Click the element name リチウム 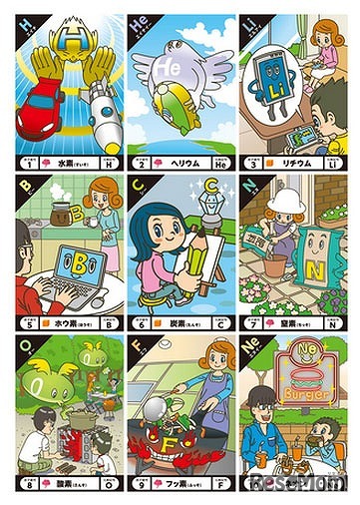tap(298, 161)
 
